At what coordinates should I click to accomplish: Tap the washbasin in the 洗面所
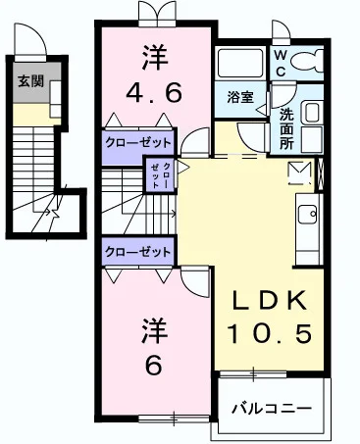[315, 114]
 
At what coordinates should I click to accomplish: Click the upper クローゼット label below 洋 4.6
[138, 140]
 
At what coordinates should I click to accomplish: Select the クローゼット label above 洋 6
[138, 251]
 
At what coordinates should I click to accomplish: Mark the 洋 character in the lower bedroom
[153, 326]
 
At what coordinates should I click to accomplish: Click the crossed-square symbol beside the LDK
[298, 172]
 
